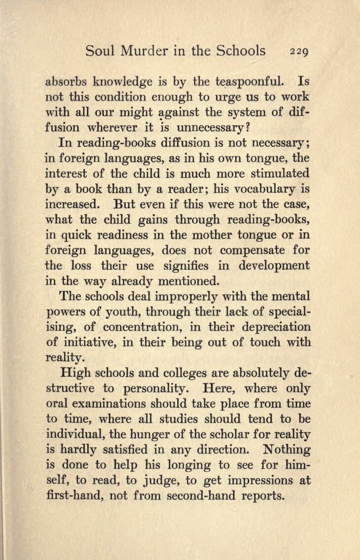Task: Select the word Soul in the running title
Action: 100,50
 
